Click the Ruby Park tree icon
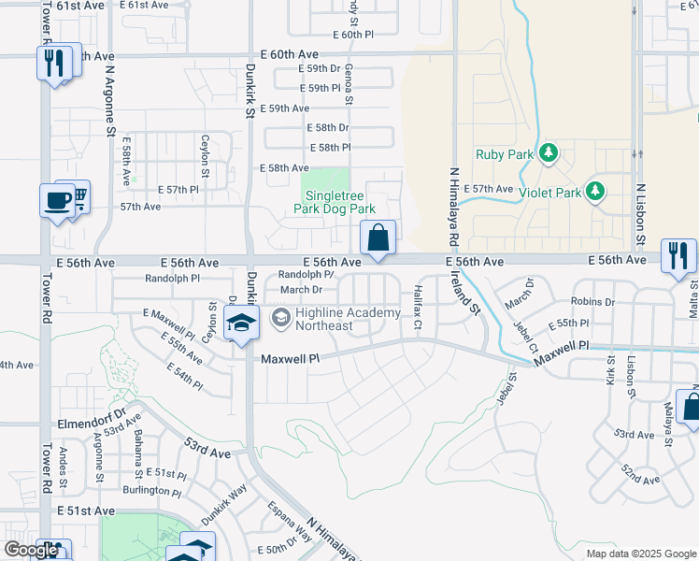pos(549,152)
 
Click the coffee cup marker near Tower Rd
pos(56,201)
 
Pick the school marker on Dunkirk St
pos(241,324)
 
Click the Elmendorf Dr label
pos(90,410)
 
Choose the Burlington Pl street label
pos(151,490)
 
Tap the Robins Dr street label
pos(592,302)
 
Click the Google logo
pos(31,550)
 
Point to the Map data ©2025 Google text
pos(641,554)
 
